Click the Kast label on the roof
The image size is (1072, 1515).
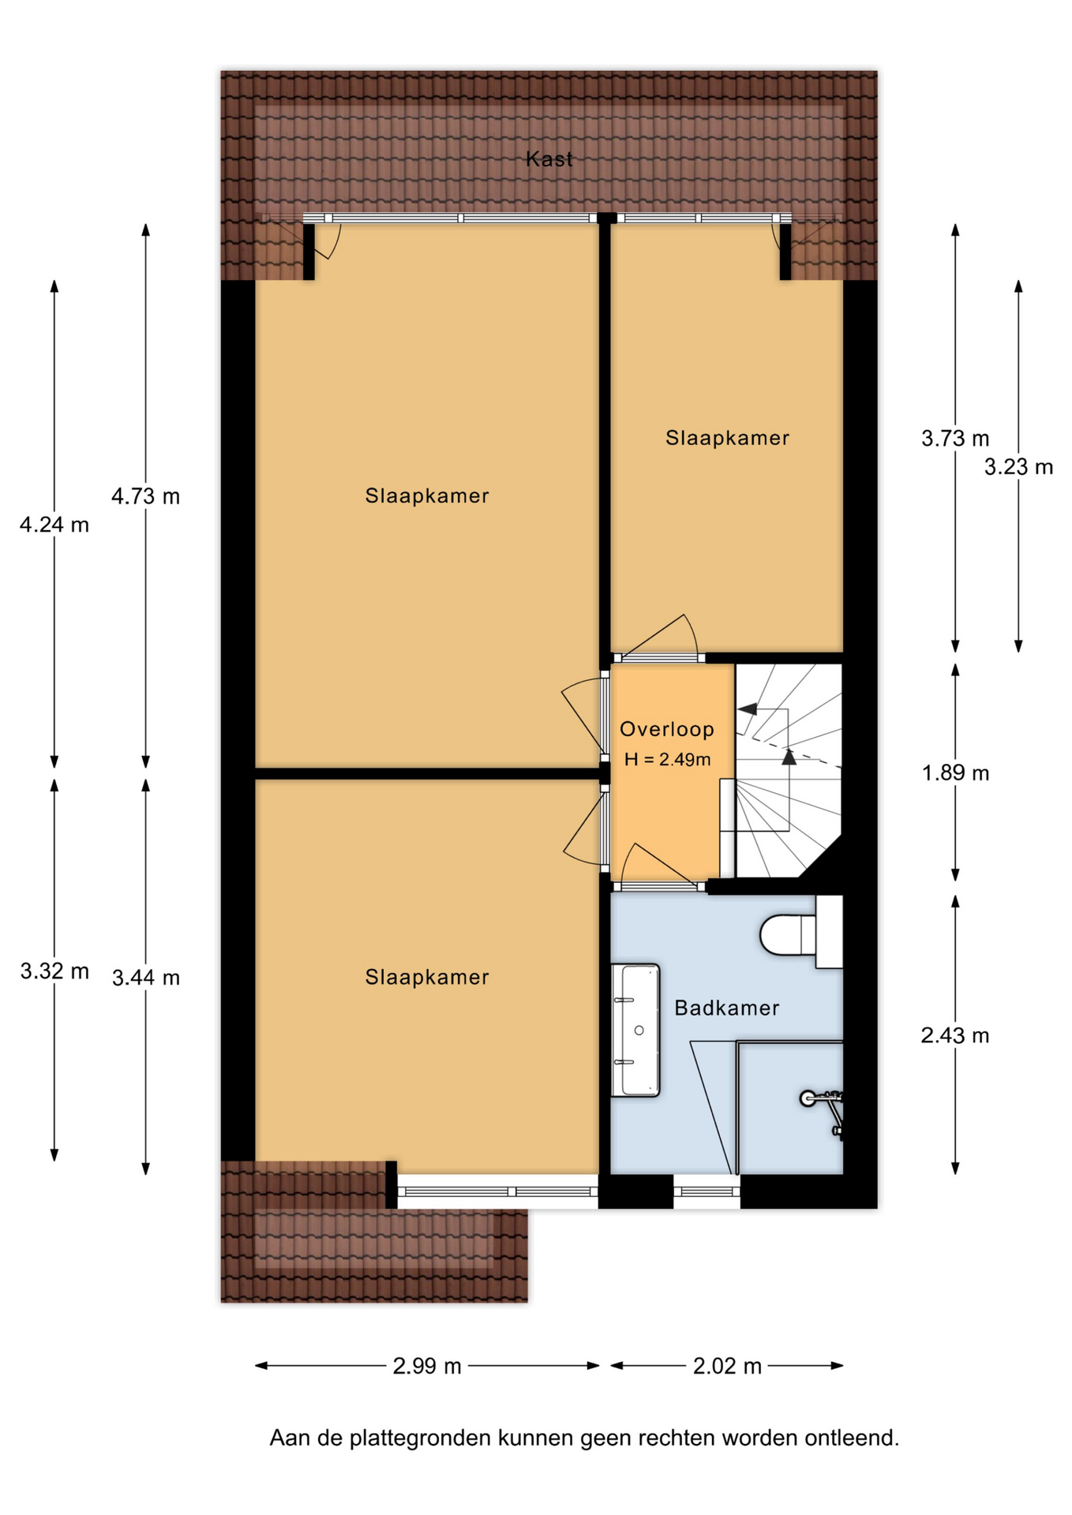[x=549, y=159]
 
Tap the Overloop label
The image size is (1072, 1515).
[x=667, y=729]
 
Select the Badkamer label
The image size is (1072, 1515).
[x=727, y=1008]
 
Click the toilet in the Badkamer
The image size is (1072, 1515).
[x=789, y=935]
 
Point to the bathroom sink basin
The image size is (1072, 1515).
[x=635, y=1030]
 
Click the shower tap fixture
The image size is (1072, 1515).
[x=823, y=1111]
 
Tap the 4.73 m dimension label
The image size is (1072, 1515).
[x=145, y=496]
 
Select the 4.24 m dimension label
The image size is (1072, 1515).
[x=54, y=525]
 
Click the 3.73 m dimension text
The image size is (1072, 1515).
[x=955, y=438]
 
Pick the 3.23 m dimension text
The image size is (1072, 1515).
[x=1018, y=467]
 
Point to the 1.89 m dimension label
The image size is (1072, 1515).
[x=955, y=772]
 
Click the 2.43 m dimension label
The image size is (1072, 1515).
[x=955, y=1035]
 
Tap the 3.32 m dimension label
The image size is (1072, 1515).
[x=54, y=971]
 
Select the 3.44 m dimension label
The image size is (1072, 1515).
[x=145, y=978]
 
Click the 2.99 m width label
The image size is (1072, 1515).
[x=427, y=1366]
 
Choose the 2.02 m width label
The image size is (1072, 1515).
[x=727, y=1366]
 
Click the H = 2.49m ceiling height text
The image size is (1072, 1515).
[x=667, y=759]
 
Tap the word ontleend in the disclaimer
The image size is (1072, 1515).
[x=852, y=1438]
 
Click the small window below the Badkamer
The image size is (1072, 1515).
[x=707, y=1191]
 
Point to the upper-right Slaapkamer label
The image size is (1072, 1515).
[x=727, y=438]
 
